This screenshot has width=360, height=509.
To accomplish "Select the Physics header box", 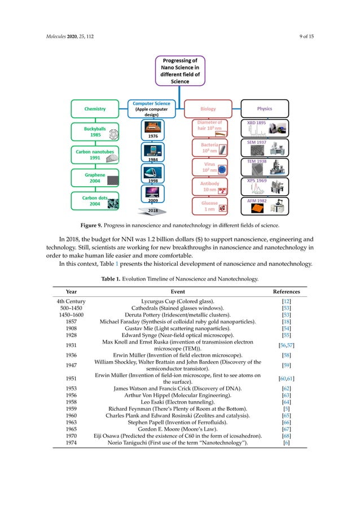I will (x=264, y=108).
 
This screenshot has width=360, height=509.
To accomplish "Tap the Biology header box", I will (x=208, y=108).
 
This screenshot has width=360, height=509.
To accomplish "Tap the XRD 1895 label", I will (x=257, y=122).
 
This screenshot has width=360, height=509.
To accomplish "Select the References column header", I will (x=286, y=292).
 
